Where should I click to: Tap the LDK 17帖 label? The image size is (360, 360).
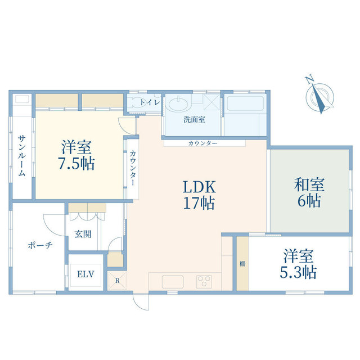coord(198,194)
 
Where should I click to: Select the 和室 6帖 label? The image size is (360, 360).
coord(309,192)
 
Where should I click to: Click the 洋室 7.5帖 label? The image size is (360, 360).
coord(78,155)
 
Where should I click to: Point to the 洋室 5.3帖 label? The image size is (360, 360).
coord(299,264)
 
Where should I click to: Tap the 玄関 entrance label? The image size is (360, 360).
coord(83,234)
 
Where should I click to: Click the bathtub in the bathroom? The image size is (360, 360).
coord(245,105)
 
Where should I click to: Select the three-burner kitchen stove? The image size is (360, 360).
coord(203,281)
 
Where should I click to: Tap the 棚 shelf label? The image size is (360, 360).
coord(242,264)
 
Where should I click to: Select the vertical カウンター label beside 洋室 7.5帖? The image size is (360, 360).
coord(132,169)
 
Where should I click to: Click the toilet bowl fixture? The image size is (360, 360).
coord(135,103)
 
